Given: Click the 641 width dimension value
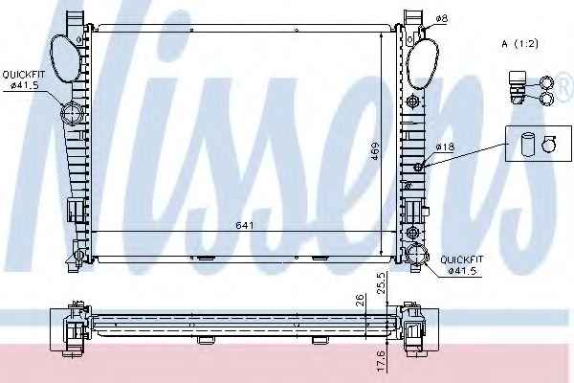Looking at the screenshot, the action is (x=245, y=225).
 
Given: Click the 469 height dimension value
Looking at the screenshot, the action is (x=374, y=150).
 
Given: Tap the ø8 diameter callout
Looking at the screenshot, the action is (x=442, y=18).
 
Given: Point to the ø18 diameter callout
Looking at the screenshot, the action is (x=445, y=146).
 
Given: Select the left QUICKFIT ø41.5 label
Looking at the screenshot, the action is (x=24, y=80).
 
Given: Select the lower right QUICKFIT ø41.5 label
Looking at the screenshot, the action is (x=462, y=265).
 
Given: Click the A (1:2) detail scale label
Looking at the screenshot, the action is (x=519, y=44).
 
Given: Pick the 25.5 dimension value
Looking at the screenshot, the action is (x=381, y=283).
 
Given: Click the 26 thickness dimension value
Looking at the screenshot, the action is (x=361, y=300).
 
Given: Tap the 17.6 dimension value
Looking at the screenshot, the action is (x=381, y=362).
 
